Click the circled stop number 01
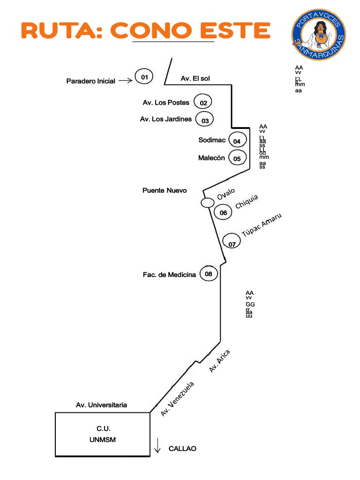coord(144,76)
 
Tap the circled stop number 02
coord(203,103)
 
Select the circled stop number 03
coord(205,120)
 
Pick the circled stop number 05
coord(237,158)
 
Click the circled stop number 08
coord(209,274)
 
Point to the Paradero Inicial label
coord(90,81)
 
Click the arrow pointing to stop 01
coord(125,81)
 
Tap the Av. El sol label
coord(195,78)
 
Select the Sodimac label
coord(212,140)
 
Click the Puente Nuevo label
coord(165,190)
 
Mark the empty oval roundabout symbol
coord(207,202)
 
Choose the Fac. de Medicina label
coord(169,275)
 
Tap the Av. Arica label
coord(220,361)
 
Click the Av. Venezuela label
coord(177,398)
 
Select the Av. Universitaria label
coord(101,405)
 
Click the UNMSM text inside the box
coord(103,440)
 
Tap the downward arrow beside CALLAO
coord(158,446)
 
